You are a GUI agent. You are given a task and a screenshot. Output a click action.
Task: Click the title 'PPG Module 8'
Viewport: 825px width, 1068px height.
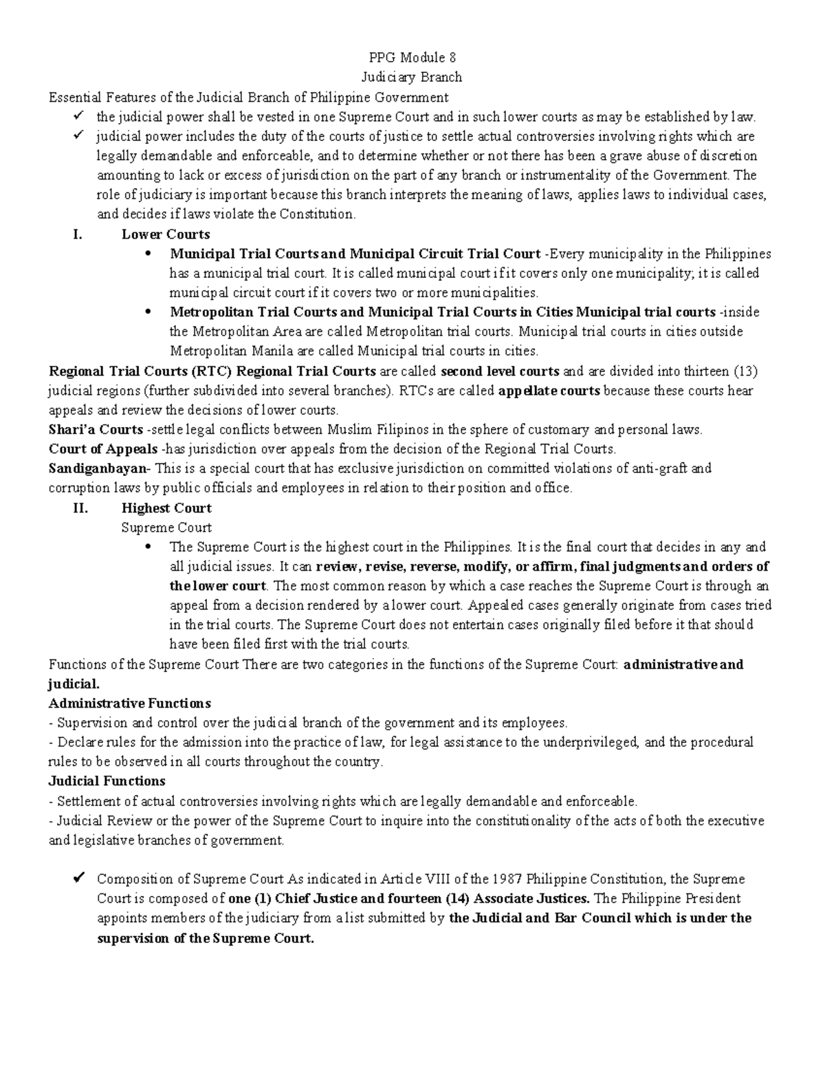(x=412, y=57)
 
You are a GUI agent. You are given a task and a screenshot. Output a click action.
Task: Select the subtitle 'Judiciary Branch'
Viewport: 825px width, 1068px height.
(x=412, y=77)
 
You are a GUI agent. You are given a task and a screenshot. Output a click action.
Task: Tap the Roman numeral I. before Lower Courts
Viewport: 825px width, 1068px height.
(x=78, y=234)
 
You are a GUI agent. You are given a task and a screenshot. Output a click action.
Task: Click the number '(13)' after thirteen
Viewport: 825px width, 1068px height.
(x=745, y=371)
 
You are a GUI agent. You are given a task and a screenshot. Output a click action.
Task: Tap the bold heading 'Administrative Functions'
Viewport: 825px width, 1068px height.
(x=129, y=704)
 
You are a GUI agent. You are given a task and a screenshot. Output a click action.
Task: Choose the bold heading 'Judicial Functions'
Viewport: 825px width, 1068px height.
(x=107, y=781)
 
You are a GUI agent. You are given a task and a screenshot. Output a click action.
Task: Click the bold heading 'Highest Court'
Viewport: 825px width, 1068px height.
(x=166, y=508)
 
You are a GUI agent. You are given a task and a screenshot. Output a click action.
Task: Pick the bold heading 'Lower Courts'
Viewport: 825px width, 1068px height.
(x=165, y=234)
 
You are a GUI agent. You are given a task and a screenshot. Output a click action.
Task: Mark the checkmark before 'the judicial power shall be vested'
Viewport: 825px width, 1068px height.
(x=78, y=116)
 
